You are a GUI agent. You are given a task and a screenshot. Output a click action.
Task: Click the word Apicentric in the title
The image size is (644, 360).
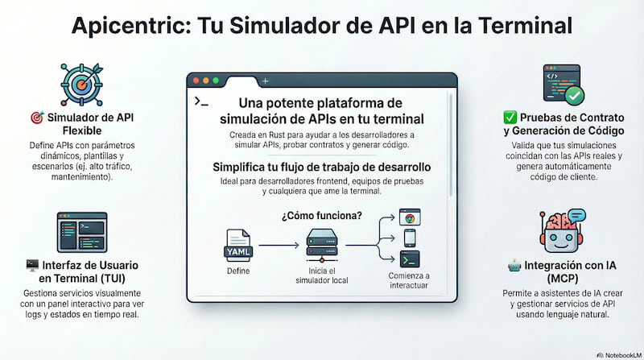click(131, 26)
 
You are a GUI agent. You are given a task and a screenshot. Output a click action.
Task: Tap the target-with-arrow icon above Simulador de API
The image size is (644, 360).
click(82, 85)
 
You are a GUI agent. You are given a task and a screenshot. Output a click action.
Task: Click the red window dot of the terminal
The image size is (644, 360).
click(196, 81)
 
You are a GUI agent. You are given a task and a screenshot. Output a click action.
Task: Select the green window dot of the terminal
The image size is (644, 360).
click(216, 81)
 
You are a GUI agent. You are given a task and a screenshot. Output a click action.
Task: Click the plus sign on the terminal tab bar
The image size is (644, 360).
click(266, 81)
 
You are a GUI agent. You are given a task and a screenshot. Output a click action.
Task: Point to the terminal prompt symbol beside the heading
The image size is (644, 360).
click(201, 101)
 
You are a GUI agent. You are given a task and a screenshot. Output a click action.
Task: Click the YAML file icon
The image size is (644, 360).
click(238, 246)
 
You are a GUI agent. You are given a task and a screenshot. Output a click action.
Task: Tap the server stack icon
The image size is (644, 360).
click(322, 246)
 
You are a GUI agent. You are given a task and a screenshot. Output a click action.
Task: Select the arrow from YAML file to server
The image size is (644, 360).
click(279, 246)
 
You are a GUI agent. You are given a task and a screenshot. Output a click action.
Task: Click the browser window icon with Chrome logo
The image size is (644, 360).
click(410, 217)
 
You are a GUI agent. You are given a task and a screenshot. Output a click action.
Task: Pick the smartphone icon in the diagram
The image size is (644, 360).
click(410, 238)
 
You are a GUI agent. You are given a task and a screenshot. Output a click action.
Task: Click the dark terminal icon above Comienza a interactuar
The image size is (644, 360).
click(410, 259)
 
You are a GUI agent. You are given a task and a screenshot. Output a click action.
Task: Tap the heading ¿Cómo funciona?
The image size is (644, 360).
click(322, 216)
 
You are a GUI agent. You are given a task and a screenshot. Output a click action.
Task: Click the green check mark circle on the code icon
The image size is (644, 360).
click(575, 96)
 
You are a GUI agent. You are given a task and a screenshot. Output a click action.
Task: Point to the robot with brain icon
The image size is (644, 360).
click(562, 231)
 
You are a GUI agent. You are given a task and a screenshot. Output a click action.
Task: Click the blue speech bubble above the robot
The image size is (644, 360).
click(576, 215)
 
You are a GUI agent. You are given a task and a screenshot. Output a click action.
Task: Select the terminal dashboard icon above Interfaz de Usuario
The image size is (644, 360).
click(82, 232)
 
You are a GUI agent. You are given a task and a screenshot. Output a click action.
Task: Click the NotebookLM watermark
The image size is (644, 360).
click(619, 355)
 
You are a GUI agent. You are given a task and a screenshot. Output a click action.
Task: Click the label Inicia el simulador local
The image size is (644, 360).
click(322, 275)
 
